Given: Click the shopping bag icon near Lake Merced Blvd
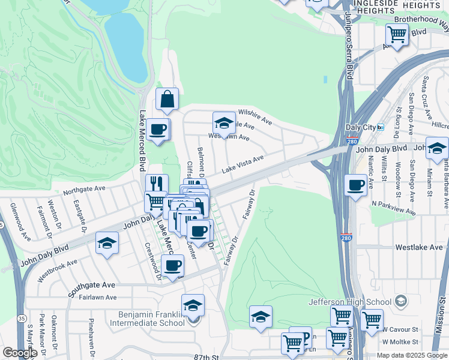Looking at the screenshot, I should [167, 100].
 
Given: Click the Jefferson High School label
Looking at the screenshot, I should [358, 302].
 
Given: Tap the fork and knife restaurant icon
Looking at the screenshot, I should [156, 184].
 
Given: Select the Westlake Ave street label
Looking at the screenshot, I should [419, 247].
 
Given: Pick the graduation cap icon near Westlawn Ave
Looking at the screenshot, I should [224, 124].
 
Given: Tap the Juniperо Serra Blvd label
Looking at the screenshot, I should [349, 48].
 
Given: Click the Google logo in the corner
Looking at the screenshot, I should [20, 353].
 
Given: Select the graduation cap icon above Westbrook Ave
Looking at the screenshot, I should [107, 243].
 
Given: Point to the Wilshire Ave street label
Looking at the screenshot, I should [255, 115].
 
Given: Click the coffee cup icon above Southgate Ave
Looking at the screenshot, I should [172, 266].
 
